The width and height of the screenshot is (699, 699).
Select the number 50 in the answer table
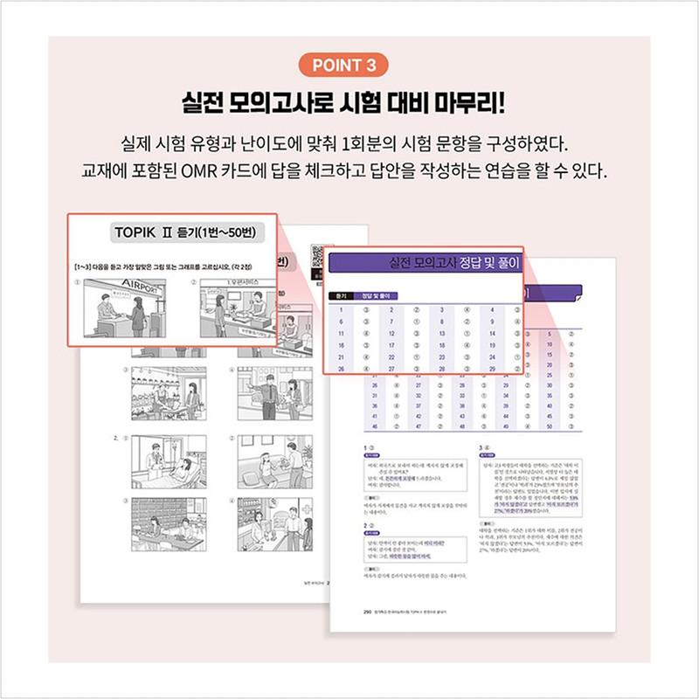click(548, 426)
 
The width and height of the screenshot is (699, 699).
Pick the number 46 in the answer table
click(375, 426)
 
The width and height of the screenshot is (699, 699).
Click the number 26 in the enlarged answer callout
click(343, 369)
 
